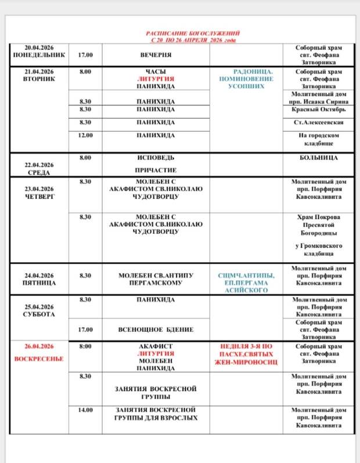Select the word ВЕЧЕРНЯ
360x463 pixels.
pyautogui.click(x=156, y=55)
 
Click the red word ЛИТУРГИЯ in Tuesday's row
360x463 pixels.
pyautogui.click(x=156, y=78)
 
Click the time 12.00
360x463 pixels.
pyautogui.click(x=85, y=135)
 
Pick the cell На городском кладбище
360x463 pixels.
pyautogui.click(x=321, y=138)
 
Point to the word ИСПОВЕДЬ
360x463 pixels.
pyautogui.click(x=156, y=157)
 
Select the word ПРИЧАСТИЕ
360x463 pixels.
pyautogui.click(x=156, y=171)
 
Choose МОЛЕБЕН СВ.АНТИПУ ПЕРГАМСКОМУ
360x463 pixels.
pyautogui.click(x=156, y=279)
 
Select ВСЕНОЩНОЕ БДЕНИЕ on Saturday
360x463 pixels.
pyautogui.click(x=156, y=330)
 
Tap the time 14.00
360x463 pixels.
pyautogui.click(x=85, y=410)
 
